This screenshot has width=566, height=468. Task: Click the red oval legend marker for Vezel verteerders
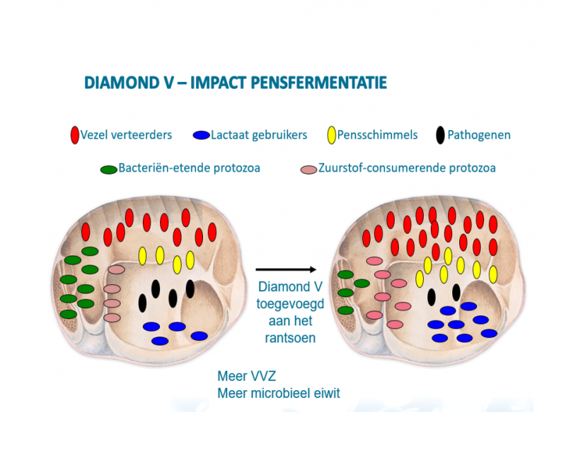click(74, 134)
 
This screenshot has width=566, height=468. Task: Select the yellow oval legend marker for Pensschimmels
click(330, 134)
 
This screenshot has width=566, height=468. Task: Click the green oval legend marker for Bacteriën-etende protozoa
click(108, 170)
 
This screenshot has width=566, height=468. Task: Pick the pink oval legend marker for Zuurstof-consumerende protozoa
click(308, 170)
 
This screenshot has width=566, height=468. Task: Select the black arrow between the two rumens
click(285, 269)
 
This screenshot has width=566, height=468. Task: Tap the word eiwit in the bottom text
click(325, 393)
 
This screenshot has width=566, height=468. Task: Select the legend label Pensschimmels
click(378, 135)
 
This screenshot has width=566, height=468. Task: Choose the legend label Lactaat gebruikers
click(258, 135)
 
